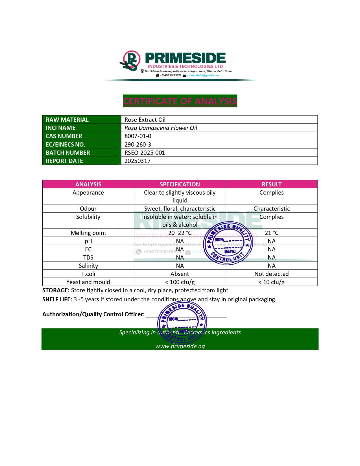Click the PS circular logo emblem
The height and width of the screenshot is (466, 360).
point(131,61)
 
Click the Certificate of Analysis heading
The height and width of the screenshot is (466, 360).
point(180,101)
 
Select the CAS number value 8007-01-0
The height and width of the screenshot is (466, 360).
point(138,136)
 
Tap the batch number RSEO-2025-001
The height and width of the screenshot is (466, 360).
point(145,153)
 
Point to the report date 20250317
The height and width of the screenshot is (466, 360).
point(138,161)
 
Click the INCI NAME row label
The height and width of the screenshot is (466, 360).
point(60,128)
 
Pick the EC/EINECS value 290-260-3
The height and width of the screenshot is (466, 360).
point(138,145)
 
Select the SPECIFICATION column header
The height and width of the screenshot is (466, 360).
point(180,184)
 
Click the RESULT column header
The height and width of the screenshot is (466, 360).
point(271,184)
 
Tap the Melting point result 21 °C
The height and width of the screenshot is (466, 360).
point(271,233)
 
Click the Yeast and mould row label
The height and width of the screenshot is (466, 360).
point(88,282)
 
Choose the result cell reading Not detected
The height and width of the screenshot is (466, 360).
point(271,274)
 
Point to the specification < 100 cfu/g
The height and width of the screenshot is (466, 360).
point(180,282)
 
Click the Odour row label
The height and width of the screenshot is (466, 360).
point(88,209)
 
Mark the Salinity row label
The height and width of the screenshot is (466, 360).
point(88,266)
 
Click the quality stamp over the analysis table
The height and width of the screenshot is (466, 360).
point(228,243)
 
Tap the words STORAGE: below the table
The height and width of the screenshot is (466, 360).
point(56,290)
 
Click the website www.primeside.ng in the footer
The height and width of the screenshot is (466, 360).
point(180,346)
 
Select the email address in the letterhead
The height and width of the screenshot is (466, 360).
point(202,75)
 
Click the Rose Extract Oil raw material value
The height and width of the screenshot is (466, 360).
point(145,120)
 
